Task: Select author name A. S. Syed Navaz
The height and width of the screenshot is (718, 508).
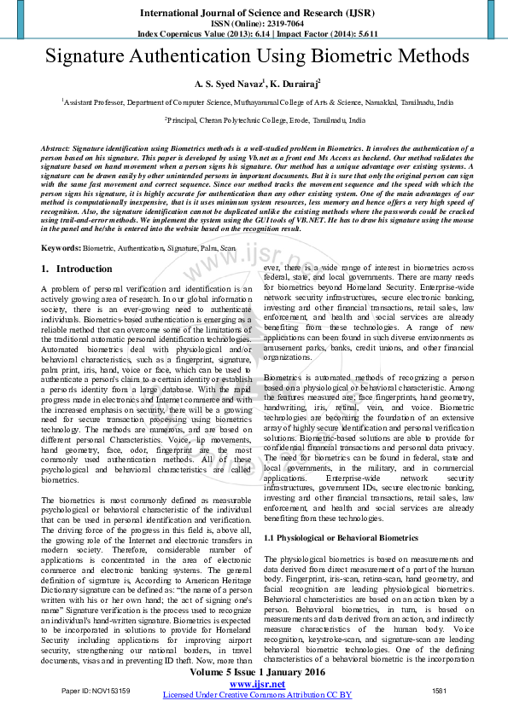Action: pyautogui.click(x=227, y=84)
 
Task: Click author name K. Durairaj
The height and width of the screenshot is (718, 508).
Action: pyautogui.click(x=293, y=84)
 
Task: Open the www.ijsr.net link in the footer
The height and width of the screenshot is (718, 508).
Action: pyautogui.click(x=257, y=684)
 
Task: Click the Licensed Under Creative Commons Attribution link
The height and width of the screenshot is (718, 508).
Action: pyautogui.click(x=257, y=695)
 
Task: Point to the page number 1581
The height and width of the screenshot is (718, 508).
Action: pyautogui.click(x=440, y=691)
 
